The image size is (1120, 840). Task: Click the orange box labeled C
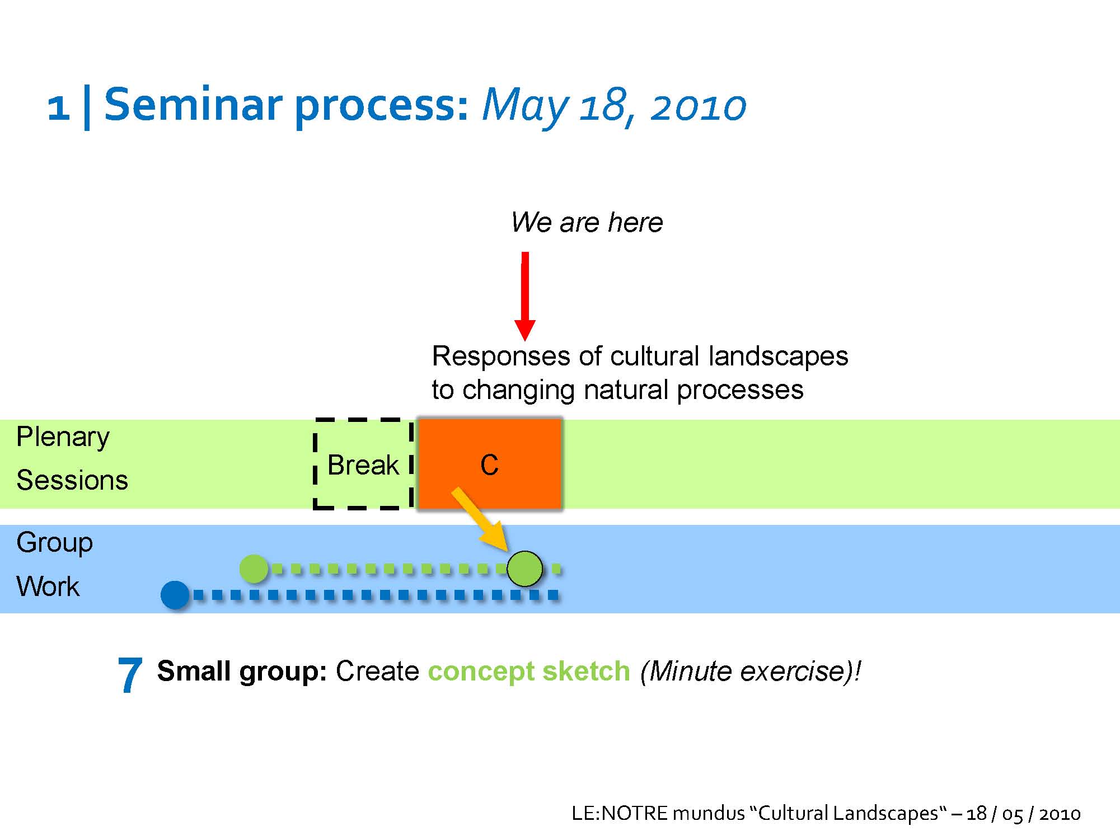click(x=490, y=464)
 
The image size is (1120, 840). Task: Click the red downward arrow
click(x=525, y=296)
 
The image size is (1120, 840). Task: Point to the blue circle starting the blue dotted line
click(x=175, y=595)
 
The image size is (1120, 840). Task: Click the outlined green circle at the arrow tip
click(x=524, y=569)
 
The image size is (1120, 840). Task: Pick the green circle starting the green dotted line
click(x=254, y=569)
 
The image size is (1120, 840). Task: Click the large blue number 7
click(x=130, y=675)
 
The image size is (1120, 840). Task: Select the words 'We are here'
click(x=587, y=222)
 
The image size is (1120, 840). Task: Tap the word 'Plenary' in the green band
click(x=63, y=438)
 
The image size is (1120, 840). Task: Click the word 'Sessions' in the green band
click(x=72, y=480)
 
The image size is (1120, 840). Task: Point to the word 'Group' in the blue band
click(x=54, y=543)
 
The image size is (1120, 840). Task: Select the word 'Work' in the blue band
click(x=48, y=586)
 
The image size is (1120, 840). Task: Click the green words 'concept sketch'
click(x=529, y=672)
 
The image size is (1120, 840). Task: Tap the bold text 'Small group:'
click(x=242, y=672)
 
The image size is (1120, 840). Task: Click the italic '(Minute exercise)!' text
click(x=750, y=672)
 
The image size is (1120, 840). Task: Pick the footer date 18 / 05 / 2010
click(x=1023, y=813)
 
